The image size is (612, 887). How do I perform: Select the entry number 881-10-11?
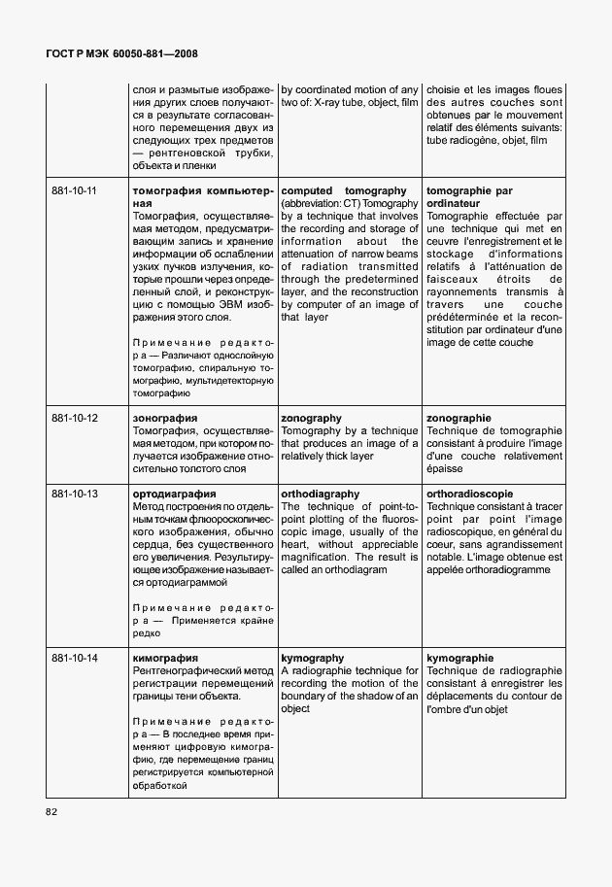74,191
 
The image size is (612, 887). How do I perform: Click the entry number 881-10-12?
74,418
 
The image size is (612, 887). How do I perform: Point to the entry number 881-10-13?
74,494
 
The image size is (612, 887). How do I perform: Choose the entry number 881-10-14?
74,658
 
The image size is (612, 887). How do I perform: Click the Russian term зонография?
164,418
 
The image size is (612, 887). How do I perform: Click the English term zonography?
311,418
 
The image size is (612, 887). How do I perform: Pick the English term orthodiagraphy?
320,494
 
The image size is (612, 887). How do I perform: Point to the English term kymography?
312,658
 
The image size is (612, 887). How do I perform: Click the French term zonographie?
459,418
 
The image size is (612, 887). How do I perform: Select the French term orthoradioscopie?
469,494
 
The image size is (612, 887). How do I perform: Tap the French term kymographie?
459,658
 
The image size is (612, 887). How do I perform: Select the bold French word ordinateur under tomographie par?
454,204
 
